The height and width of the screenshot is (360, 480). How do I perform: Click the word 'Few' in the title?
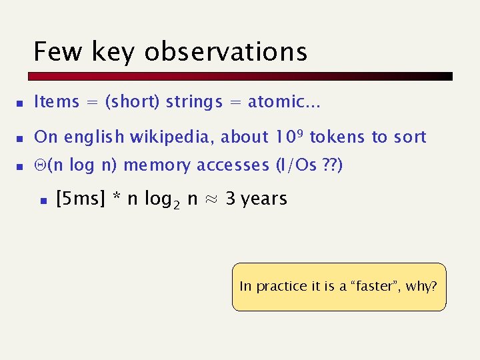[57, 51]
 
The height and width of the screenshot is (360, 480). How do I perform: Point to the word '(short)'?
[133, 102]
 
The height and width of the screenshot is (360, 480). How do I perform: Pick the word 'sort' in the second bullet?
[409, 137]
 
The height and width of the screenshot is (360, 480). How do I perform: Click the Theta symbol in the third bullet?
[39, 165]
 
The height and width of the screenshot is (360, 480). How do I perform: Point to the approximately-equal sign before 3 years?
[211, 199]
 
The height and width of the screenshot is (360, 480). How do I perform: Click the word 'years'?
[264, 199]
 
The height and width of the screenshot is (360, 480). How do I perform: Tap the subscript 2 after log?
[178, 205]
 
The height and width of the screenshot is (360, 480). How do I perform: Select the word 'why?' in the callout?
[421, 287]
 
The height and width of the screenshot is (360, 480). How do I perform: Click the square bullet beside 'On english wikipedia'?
[21, 138]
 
